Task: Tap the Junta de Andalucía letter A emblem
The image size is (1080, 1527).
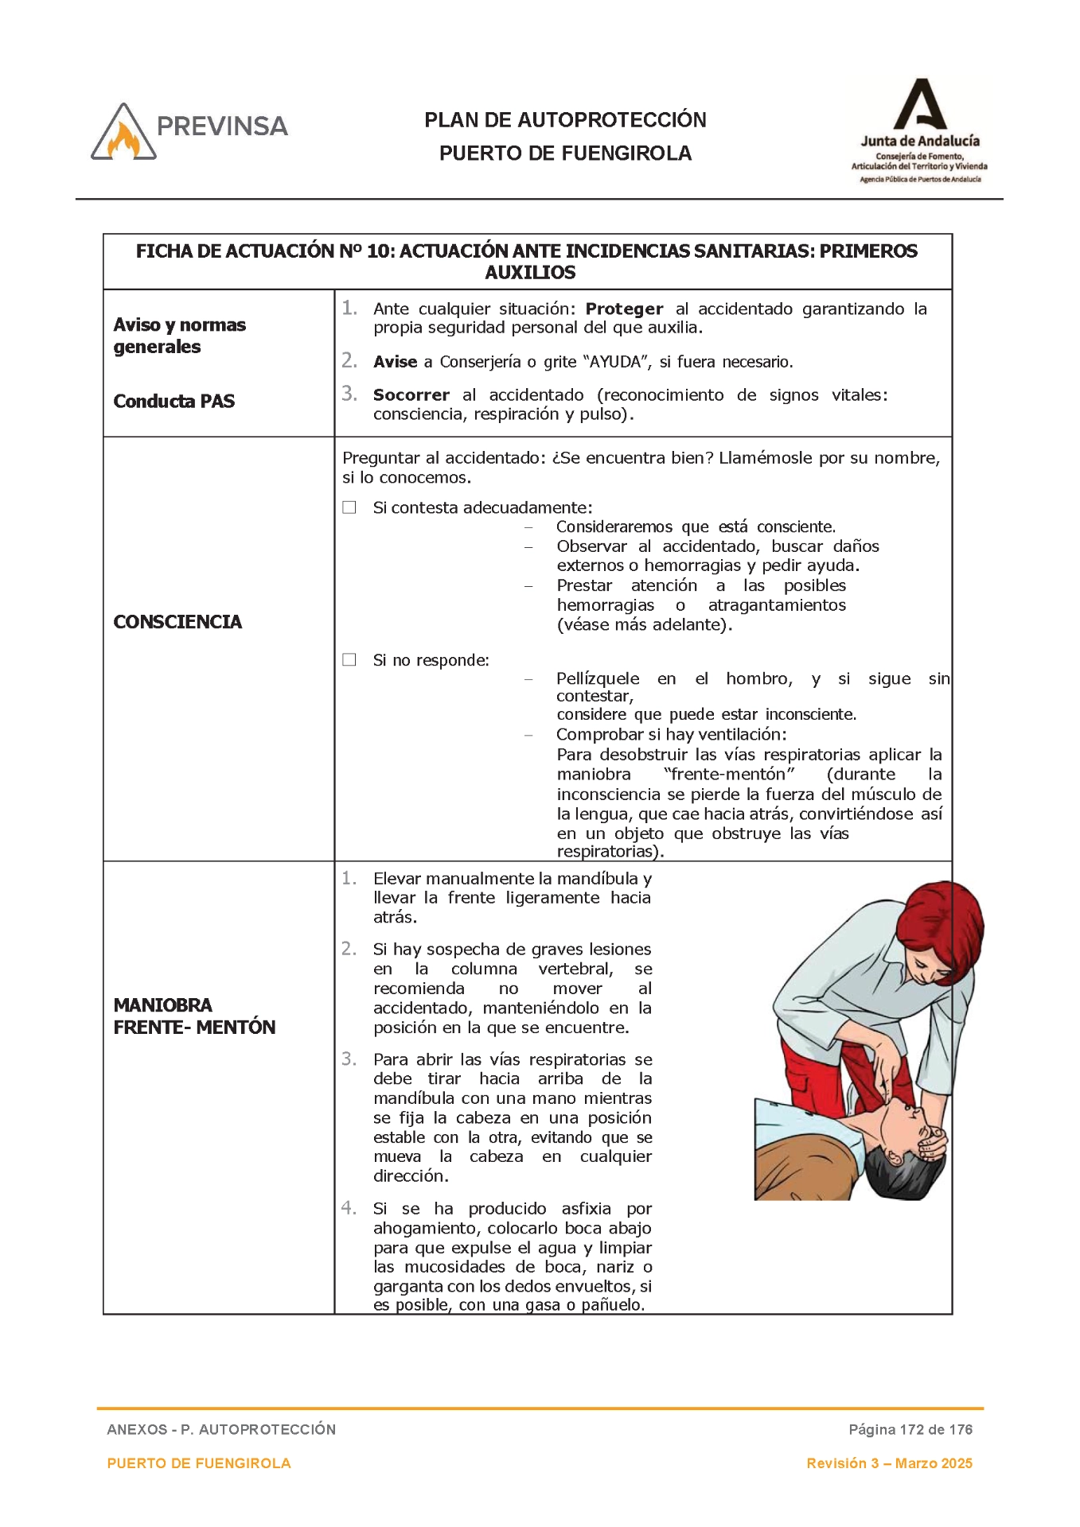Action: (x=919, y=104)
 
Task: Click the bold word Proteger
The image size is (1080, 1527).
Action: (x=624, y=309)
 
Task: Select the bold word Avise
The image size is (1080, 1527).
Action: (x=396, y=362)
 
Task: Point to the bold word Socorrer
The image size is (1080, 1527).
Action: (x=411, y=395)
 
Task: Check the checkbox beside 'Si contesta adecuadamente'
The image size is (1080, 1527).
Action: (x=349, y=507)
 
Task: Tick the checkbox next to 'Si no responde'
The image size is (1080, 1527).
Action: (x=349, y=660)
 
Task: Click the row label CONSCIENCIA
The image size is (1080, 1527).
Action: (x=177, y=622)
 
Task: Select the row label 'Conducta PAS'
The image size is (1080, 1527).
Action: (x=174, y=401)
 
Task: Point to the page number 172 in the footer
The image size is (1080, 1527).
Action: (x=911, y=1429)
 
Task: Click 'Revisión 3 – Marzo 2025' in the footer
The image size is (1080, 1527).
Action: (x=889, y=1463)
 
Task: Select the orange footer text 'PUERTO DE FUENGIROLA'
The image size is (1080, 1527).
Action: (x=199, y=1463)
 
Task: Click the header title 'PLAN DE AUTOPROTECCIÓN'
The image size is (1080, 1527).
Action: (x=565, y=120)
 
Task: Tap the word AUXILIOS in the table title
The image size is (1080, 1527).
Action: (x=530, y=273)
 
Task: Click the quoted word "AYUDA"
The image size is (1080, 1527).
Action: (x=617, y=362)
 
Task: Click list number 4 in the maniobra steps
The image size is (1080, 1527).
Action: (x=349, y=1208)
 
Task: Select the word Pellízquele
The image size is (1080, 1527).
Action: (x=598, y=678)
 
